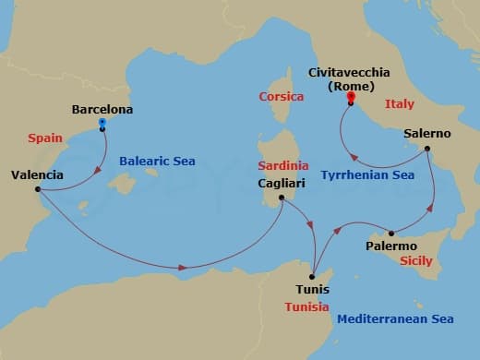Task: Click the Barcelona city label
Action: [102, 110]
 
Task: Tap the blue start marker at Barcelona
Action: [102, 123]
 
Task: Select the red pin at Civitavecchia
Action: [351, 97]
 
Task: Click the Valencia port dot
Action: [38, 190]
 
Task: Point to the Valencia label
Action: [38, 174]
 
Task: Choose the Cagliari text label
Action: [283, 184]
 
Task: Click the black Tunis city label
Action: [311, 289]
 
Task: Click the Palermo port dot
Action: [391, 233]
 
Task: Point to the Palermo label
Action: [390, 246]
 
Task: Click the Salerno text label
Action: [427, 134]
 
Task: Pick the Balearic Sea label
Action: [158, 162]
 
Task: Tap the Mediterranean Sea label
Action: [395, 319]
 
